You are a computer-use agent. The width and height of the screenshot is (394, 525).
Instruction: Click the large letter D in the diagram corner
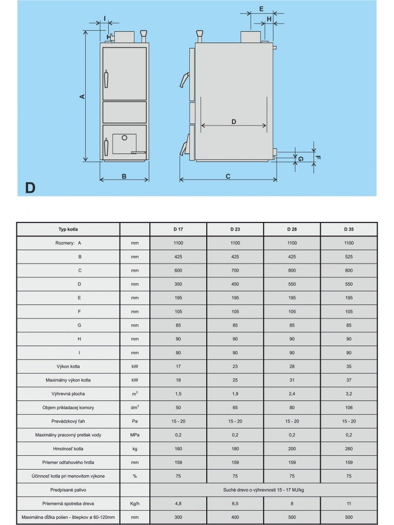pos(30,188)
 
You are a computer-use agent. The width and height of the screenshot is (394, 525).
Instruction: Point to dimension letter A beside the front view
pos(82,96)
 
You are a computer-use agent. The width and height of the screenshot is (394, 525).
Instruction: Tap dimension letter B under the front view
pos(124,176)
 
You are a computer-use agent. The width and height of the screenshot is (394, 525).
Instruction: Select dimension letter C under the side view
pos(228,176)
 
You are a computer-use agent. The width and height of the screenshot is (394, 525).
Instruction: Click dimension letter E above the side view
pos(261,9)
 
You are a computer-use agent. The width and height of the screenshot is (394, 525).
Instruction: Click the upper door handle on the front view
pos(107,79)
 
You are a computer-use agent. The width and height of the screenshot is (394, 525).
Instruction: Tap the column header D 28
pos(292,229)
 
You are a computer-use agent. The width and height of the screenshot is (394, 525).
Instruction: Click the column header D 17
pos(179,229)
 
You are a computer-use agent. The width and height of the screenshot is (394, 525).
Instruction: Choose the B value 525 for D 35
pos(349,256)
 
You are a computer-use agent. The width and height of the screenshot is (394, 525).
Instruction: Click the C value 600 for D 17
pos(179,270)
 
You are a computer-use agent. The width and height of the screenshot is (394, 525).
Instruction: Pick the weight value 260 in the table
pos(349,449)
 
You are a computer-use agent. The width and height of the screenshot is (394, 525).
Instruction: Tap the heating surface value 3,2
pos(349,394)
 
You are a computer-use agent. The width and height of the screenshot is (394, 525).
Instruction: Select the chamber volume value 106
pos(349,408)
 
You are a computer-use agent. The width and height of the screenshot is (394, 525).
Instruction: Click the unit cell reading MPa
pos(135,435)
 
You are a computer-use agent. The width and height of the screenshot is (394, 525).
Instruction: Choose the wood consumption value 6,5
pos(235,504)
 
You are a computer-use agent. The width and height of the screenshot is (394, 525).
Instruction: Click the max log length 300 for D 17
pos(179,518)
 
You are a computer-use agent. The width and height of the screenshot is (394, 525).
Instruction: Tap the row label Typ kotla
pos(68,229)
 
